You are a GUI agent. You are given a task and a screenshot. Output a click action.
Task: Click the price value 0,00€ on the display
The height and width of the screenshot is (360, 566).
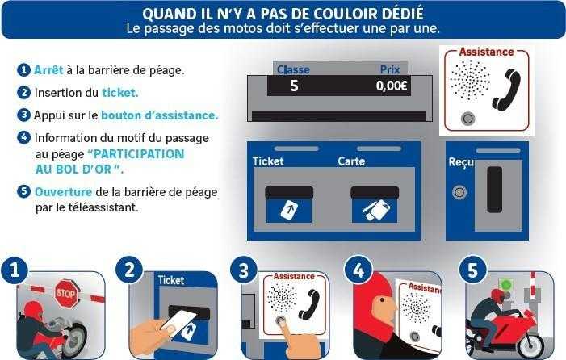(x=392, y=86)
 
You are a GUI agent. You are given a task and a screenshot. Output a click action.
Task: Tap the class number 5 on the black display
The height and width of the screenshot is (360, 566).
(x=294, y=86)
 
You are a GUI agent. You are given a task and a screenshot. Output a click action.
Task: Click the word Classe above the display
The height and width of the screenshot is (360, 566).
(x=293, y=69)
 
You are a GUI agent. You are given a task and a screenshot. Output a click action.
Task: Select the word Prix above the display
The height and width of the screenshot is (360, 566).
(x=390, y=69)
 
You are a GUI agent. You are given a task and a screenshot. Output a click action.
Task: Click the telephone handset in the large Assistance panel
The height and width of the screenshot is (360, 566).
(x=506, y=90)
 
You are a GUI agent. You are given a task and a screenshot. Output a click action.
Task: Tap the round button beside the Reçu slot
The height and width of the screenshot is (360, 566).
(x=459, y=192)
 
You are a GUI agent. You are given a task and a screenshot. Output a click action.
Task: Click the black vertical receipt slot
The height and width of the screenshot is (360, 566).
(x=494, y=190)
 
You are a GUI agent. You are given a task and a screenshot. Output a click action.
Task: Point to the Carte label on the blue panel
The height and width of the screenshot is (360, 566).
(x=351, y=161)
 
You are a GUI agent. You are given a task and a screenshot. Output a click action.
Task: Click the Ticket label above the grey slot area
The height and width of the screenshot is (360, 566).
(x=268, y=161)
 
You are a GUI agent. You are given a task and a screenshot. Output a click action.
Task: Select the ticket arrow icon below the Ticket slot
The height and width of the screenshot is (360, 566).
(x=289, y=211)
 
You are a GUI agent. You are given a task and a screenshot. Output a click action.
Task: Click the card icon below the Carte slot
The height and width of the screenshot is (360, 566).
(x=375, y=211)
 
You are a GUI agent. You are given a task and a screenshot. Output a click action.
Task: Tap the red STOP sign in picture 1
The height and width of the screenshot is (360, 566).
(x=66, y=293)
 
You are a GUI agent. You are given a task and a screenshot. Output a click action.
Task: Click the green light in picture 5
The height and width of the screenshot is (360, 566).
(x=506, y=285)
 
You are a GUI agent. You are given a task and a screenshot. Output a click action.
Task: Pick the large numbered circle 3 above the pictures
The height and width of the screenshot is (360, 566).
(x=244, y=270)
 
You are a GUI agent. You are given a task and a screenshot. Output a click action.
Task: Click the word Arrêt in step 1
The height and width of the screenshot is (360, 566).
(x=48, y=69)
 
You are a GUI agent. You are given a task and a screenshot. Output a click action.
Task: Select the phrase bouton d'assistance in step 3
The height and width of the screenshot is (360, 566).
(x=160, y=115)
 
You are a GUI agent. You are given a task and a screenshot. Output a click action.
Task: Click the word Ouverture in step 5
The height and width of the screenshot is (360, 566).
(x=63, y=191)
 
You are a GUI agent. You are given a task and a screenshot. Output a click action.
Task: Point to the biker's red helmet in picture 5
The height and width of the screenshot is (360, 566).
(x=498, y=295)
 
